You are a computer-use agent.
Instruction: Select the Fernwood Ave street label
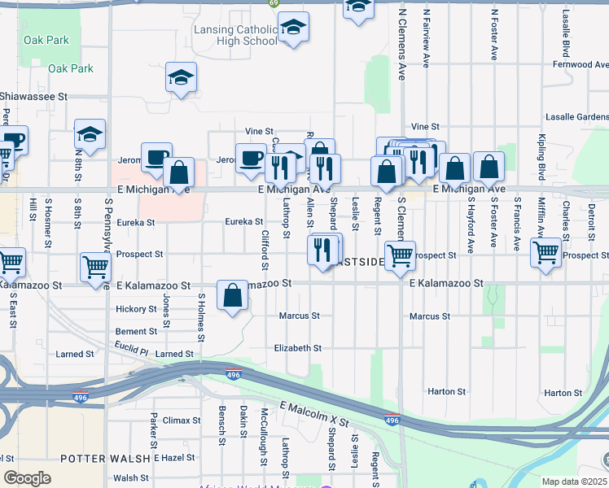click(579, 64)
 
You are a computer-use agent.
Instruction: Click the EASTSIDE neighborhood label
click(357, 263)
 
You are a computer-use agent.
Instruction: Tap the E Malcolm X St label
click(313, 414)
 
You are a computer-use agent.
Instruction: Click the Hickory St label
click(136, 309)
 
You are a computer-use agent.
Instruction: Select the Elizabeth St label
click(297, 347)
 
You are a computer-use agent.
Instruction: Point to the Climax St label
click(181, 420)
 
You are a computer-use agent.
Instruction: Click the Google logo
click(26, 477)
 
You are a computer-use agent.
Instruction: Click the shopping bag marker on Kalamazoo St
click(233, 296)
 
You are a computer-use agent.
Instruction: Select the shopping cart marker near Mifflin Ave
click(545, 251)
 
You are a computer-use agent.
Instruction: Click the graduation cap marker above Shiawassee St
click(181, 78)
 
